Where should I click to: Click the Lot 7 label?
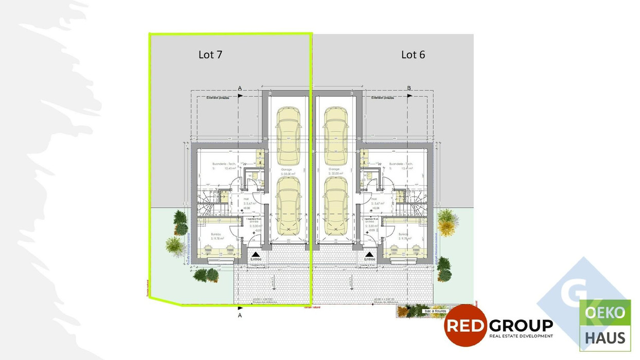tap(210, 55)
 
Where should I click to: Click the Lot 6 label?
tap(413, 55)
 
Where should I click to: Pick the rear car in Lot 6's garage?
tap(336, 132)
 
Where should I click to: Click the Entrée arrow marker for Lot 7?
tap(256, 255)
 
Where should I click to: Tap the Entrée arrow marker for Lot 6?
tap(369, 255)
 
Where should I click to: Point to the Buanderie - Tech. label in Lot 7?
tap(224, 166)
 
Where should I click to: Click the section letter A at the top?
tap(240, 88)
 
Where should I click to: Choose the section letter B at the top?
tap(409, 88)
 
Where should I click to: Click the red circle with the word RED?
tap(466, 325)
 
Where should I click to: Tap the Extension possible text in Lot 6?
tap(381, 97)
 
